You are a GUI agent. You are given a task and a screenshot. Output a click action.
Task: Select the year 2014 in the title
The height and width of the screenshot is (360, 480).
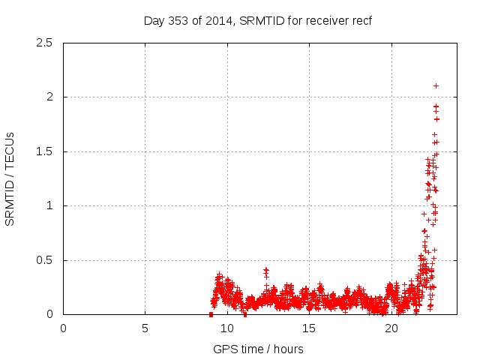pos(220,20)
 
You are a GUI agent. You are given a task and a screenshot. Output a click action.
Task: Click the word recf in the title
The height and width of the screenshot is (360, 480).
pos(361,20)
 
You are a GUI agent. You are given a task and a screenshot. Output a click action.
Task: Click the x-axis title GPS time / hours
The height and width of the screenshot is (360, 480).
pos(258,349)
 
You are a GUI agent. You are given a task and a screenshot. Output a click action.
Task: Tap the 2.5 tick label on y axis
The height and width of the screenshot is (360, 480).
pos(45,43)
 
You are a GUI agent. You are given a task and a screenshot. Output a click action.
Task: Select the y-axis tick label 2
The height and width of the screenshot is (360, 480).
pos(49,97)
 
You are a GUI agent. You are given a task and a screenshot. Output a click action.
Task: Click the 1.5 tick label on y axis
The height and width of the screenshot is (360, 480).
pos(45,151)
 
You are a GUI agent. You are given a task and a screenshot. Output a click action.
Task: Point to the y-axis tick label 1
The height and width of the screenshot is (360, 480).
pos(49,205)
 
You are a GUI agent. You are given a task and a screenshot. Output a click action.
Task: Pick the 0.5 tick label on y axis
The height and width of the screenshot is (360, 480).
pos(45,260)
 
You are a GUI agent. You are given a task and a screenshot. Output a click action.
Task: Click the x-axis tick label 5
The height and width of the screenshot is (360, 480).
pos(145,328)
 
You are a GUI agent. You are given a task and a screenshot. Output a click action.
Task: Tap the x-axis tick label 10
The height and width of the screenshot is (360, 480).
pos(227,328)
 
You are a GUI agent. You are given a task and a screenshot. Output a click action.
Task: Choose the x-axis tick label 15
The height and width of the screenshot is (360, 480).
pos(309,328)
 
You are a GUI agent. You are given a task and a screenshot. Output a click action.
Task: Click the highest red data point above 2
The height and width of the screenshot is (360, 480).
pos(436,85)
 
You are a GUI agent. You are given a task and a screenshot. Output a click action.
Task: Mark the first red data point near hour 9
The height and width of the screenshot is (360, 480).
pos(211,314)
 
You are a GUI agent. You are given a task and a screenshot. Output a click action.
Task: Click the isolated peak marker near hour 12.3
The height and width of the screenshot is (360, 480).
pos(265,269)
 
